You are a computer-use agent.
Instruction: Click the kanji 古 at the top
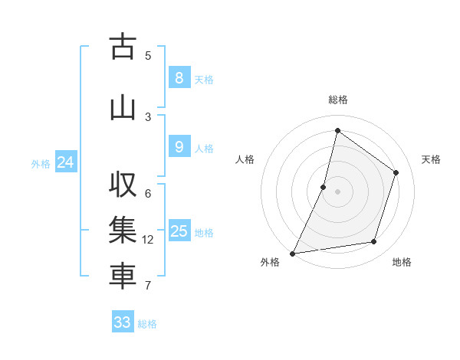coord(123,47)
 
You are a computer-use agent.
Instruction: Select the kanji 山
coord(123,108)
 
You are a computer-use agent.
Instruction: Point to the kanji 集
coord(123,231)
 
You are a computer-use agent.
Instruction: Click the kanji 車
coord(123,277)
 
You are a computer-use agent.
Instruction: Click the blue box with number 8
coord(179,78)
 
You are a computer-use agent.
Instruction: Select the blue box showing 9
coord(179,147)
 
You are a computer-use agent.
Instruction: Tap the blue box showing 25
coord(179,231)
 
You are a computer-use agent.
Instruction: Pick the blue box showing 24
coord(66,162)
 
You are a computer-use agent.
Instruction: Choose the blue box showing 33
coord(123,322)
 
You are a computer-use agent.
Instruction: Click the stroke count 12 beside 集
coord(148,240)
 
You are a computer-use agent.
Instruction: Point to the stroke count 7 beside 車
coord(148,286)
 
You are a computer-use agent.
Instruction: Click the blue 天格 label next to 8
coord(204,79)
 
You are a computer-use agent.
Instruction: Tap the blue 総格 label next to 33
coord(147,324)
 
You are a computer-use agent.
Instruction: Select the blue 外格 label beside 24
coord(41,163)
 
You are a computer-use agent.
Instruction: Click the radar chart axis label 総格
coord(337,100)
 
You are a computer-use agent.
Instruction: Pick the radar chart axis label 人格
coord(245,159)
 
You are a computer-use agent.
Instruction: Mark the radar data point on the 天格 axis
coord(396,172)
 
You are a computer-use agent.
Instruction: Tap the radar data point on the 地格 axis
coord(374,242)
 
